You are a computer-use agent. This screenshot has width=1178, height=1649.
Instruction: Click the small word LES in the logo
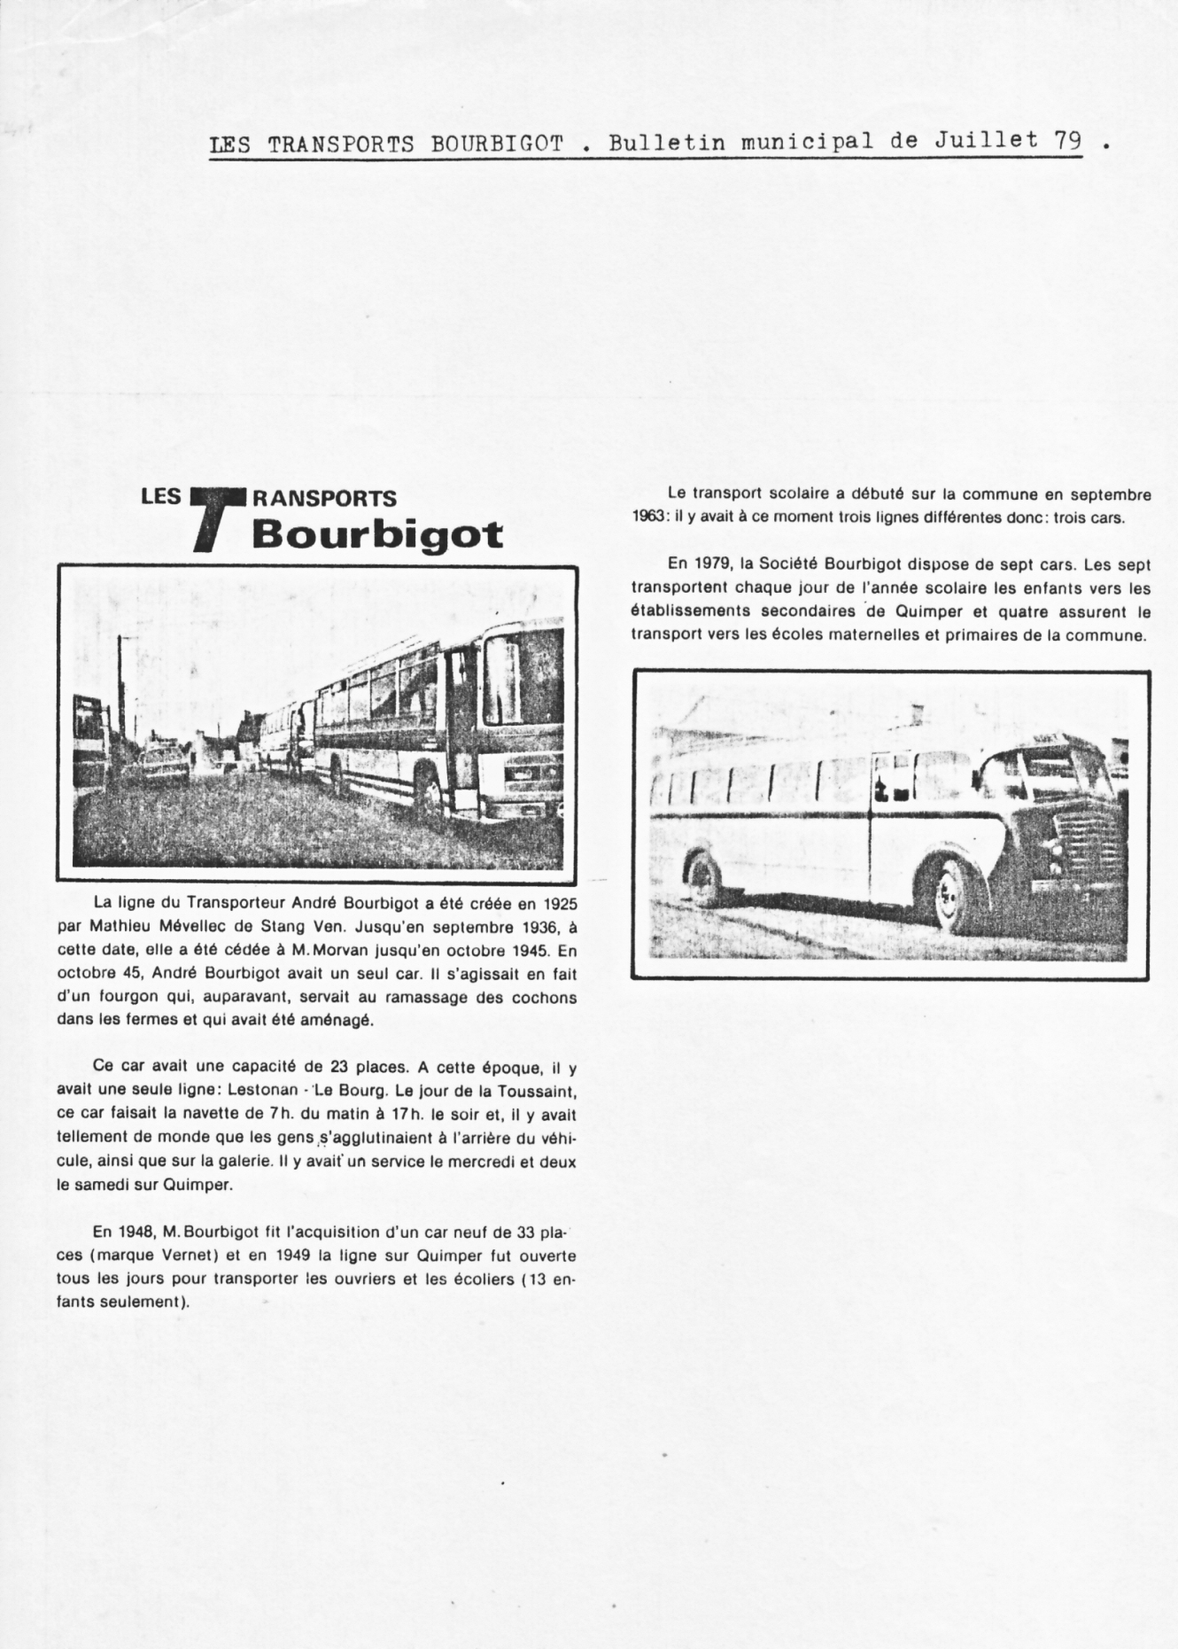coord(160,496)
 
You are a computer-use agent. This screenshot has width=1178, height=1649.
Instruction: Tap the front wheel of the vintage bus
coord(952,897)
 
